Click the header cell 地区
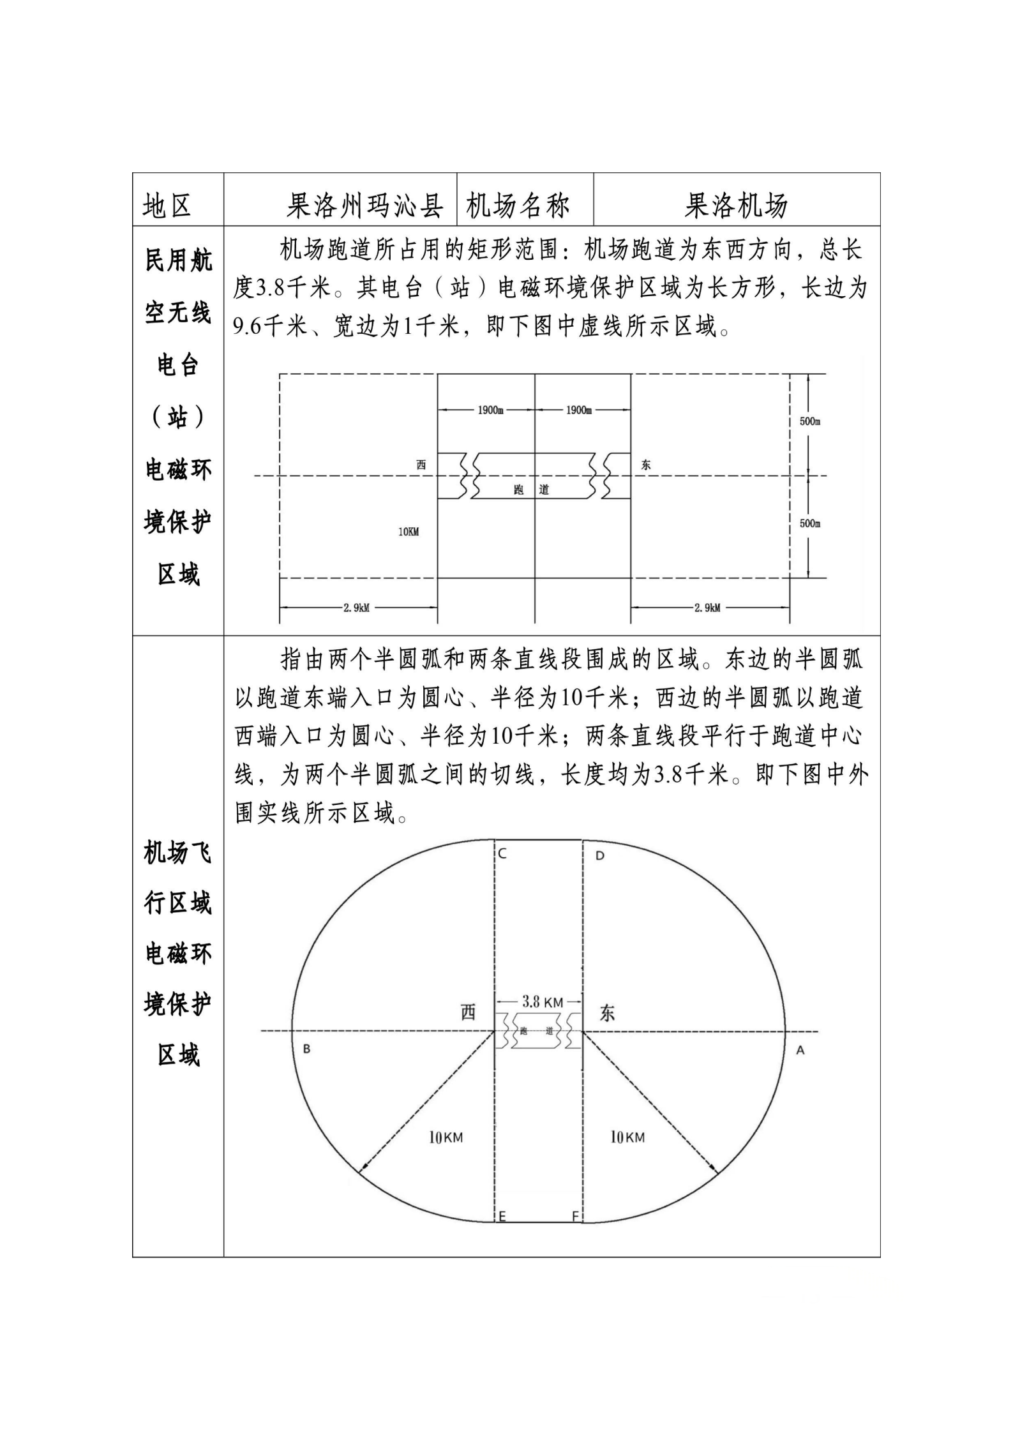(167, 206)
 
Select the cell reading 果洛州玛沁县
(364, 206)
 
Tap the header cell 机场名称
(518, 206)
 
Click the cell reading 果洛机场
(736, 206)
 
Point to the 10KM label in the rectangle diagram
(409, 532)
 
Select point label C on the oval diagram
(502, 854)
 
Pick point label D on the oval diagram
(599, 855)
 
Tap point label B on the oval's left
(306, 1049)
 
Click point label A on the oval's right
(800, 1050)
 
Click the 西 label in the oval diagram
(469, 1012)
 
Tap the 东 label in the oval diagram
(607, 1013)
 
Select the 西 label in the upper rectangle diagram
(421, 465)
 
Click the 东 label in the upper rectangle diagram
(646, 465)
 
